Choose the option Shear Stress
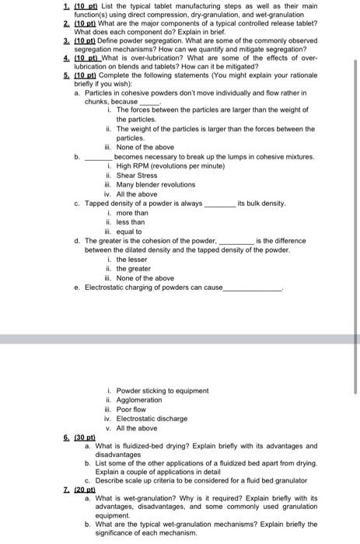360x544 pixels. tap(137, 176)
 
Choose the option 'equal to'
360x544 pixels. tap(129, 232)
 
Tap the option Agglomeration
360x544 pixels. tap(139, 400)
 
